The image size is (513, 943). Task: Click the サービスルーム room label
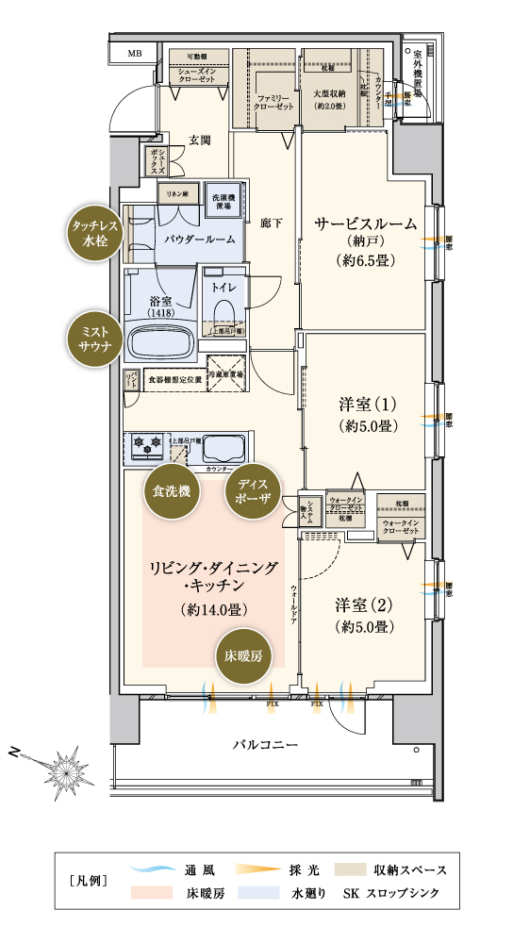coord(365,226)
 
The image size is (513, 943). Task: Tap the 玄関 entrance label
coord(199,141)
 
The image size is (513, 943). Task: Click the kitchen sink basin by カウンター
coord(222,448)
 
